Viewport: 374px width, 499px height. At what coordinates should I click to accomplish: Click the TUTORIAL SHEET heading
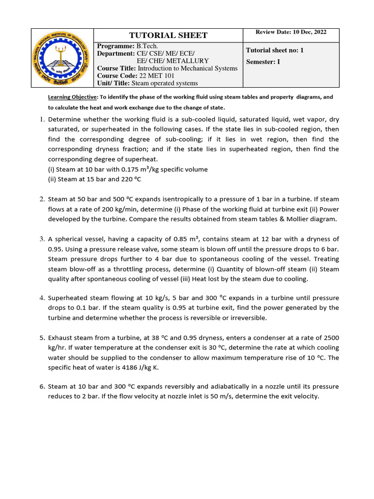click(168, 35)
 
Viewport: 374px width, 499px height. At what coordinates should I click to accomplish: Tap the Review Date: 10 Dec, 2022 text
click(291, 32)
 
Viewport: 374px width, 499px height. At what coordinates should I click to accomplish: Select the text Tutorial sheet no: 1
click(275, 50)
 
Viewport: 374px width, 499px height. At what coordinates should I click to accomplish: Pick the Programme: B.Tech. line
click(125, 45)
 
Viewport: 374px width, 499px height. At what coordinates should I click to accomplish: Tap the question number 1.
click(42, 119)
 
